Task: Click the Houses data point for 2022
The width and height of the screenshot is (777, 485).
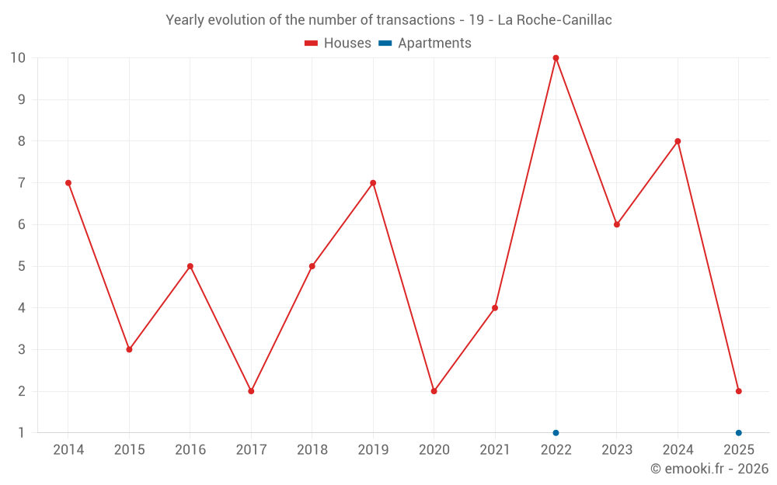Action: tap(556, 58)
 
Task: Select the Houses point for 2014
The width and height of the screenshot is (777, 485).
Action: tap(68, 183)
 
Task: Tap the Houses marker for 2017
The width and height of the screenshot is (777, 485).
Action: tap(251, 391)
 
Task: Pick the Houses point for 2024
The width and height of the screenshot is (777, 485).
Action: tap(678, 141)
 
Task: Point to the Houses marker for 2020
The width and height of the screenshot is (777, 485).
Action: tap(434, 391)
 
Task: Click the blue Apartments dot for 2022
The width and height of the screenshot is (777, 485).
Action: tap(556, 432)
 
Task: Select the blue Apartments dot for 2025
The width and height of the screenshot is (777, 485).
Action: tap(738, 432)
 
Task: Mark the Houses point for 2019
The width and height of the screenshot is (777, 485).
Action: tap(373, 183)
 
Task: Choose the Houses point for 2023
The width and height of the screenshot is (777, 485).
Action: tap(617, 224)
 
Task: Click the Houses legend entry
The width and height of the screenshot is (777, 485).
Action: tap(338, 43)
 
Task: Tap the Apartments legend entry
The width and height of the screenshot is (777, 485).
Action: tap(425, 43)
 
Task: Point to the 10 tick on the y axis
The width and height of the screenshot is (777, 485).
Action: tap(17, 58)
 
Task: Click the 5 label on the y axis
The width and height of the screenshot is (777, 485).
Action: tap(21, 266)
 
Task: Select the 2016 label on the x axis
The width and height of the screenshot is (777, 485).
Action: tap(190, 450)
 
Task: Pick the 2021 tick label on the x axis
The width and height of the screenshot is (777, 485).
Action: tap(495, 450)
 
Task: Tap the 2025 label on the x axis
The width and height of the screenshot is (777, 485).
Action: tap(738, 450)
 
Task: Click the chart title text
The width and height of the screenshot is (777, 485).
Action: tap(388, 20)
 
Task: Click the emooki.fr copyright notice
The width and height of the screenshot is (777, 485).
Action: tap(709, 469)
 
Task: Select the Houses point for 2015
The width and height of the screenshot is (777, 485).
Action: tap(129, 349)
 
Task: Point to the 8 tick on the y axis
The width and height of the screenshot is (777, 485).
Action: tap(21, 141)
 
